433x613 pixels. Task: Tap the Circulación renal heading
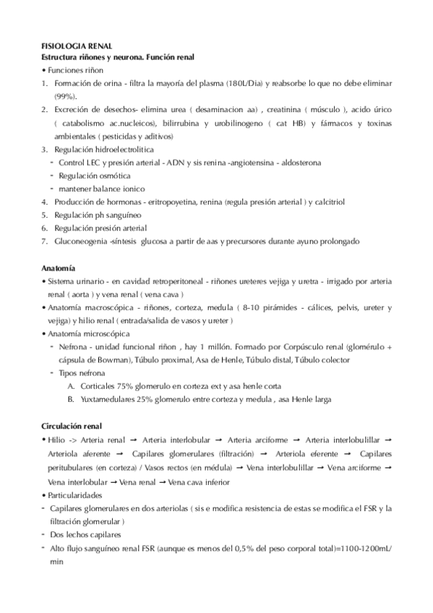[x=72, y=426]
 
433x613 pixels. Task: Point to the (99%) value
[x=65, y=96]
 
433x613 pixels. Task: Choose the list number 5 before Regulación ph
[x=44, y=215]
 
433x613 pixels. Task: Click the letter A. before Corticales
[x=71, y=386]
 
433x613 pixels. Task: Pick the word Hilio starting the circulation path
[x=57, y=440]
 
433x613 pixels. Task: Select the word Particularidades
[x=77, y=495]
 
